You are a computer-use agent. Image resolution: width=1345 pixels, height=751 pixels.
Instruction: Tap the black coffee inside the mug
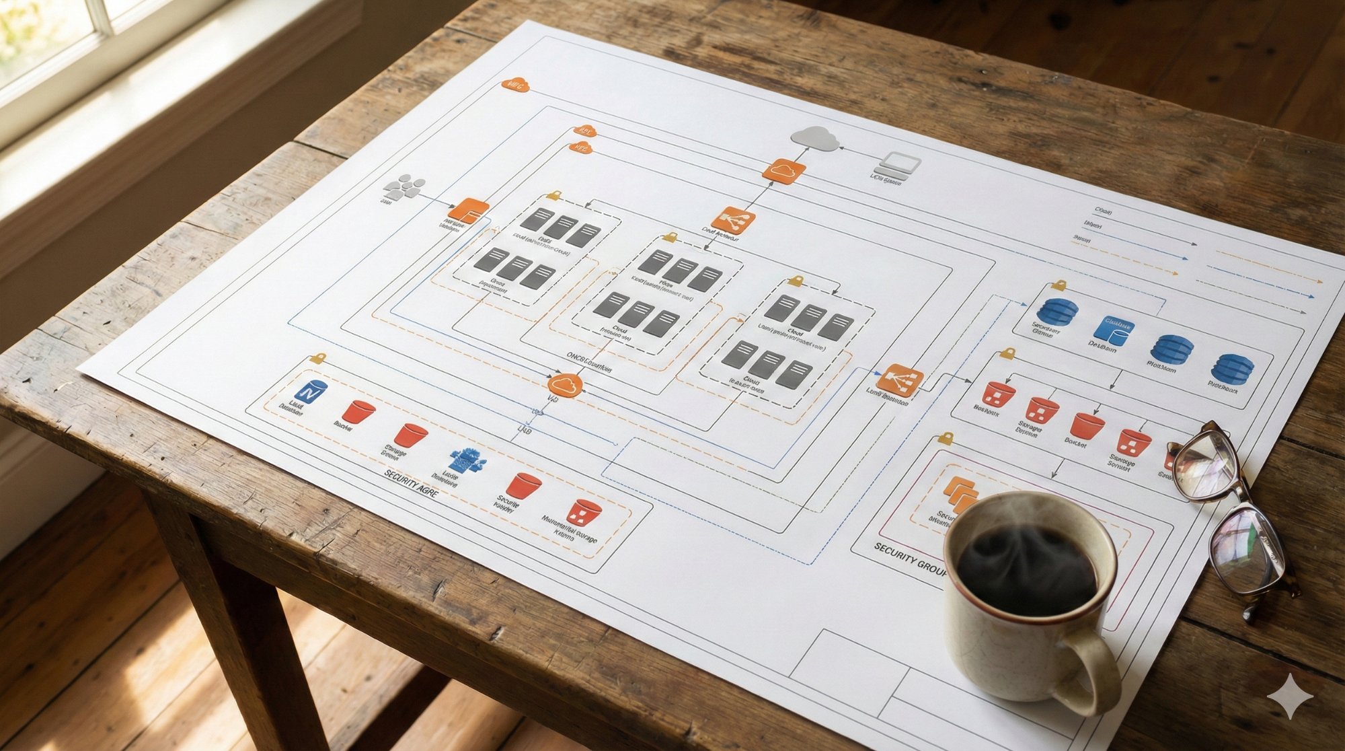click(x=1026, y=569)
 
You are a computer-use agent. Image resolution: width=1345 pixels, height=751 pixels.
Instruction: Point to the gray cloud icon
click(x=814, y=138)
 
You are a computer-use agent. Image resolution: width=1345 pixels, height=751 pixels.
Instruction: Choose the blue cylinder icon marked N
click(x=310, y=392)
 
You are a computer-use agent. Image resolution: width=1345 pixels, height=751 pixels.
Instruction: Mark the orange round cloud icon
click(x=565, y=385)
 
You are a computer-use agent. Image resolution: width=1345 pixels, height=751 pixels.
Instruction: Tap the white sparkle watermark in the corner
click(x=1289, y=696)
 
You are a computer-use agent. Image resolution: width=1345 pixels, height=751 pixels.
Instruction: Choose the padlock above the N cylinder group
click(x=318, y=358)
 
